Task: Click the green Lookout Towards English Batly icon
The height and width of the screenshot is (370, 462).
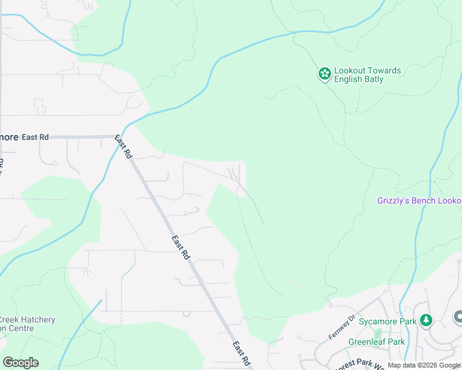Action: (324, 74)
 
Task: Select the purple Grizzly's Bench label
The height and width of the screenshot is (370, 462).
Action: (419, 201)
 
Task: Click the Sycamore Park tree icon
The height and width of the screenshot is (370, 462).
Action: (425, 320)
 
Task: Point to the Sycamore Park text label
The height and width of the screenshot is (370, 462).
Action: (391, 320)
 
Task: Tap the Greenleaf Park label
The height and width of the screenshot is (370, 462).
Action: (376, 342)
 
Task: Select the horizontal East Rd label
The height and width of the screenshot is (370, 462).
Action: (35, 137)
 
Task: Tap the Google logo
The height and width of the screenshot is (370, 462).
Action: (20, 363)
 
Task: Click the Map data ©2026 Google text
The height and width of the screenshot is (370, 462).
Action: (424, 365)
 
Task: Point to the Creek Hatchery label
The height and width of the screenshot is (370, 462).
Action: (27, 320)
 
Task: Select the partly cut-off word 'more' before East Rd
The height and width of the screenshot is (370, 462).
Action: (9, 137)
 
